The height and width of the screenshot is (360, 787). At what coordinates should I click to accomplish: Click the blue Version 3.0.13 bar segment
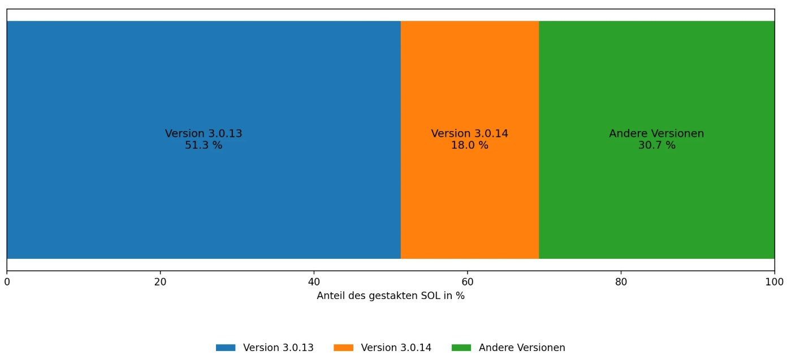(204, 140)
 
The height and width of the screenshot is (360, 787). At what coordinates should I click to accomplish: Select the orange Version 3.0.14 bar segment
(470, 140)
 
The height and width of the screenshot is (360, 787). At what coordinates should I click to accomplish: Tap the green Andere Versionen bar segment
(656, 140)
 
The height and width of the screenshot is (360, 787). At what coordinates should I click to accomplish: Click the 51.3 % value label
(204, 145)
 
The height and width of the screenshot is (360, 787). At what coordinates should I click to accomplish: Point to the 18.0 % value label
(470, 145)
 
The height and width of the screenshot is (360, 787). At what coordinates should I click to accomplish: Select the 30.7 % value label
(656, 145)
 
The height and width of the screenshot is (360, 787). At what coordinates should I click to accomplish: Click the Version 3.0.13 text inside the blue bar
(204, 133)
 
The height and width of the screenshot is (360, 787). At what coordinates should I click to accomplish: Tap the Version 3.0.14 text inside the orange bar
(470, 133)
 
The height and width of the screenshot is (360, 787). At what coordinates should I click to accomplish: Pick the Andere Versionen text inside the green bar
(656, 133)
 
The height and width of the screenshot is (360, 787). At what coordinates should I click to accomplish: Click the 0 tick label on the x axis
(7, 282)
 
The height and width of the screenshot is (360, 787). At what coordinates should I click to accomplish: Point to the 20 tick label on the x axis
(160, 282)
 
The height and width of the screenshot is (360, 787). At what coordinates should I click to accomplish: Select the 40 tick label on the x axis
(314, 282)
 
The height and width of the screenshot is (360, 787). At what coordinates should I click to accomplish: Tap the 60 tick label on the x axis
(467, 282)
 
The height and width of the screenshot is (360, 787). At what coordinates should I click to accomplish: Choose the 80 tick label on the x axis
(621, 282)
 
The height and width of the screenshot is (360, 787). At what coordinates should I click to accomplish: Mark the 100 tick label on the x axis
(775, 282)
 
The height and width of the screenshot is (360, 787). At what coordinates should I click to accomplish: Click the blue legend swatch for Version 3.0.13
(226, 348)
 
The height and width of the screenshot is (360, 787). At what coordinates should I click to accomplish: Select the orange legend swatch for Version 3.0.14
(343, 348)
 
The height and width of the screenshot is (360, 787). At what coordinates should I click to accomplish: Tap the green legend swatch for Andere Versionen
(461, 348)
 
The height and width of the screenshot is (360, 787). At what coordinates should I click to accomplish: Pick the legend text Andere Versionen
(522, 348)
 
